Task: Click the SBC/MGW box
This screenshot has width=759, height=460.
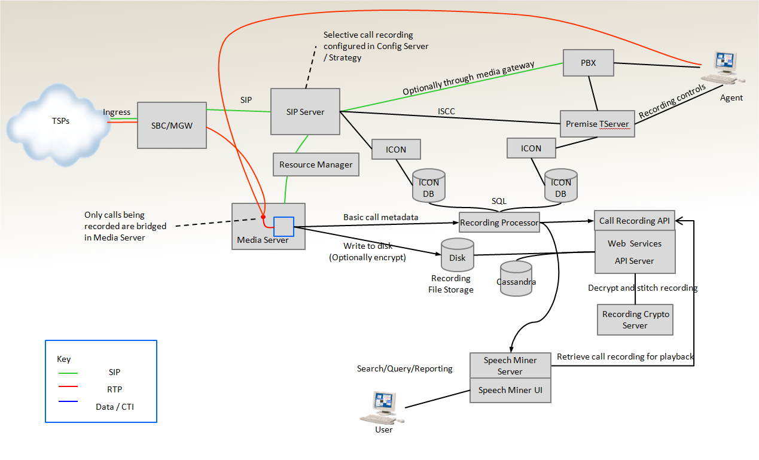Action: (x=172, y=125)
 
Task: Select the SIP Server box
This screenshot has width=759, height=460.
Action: (x=305, y=111)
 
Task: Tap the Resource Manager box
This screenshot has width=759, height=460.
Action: (x=316, y=164)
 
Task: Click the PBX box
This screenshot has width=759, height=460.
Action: (x=589, y=63)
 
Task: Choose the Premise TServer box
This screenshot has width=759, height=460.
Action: (x=597, y=124)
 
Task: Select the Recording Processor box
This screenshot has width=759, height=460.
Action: (x=499, y=223)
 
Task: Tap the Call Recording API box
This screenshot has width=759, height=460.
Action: (x=635, y=221)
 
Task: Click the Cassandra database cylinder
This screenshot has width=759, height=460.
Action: (x=516, y=279)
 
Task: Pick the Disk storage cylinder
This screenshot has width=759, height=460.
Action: (x=457, y=255)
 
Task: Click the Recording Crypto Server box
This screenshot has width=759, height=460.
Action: (x=635, y=319)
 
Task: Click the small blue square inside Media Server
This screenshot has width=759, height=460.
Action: (x=284, y=227)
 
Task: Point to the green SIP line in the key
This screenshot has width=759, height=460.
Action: (x=71, y=372)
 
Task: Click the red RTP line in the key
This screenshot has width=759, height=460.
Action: (x=71, y=389)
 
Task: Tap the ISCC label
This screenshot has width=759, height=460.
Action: (x=447, y=111)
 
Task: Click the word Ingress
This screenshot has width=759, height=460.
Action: (x=117, y=112)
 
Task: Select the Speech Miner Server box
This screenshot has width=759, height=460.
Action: (x=510, y=365)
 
